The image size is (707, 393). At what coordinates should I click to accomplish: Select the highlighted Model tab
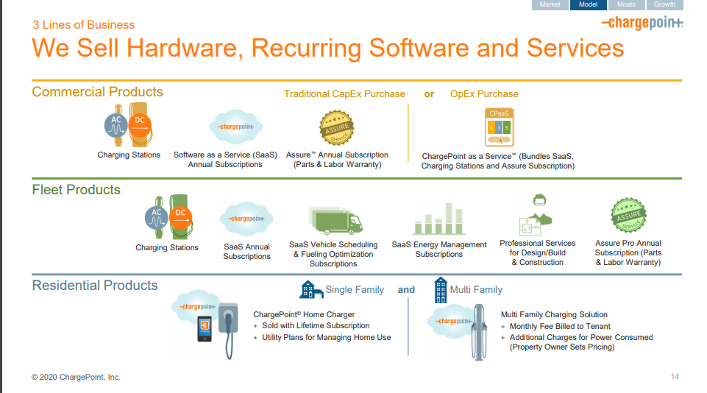coord(588,4)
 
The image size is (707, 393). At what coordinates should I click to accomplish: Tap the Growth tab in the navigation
coord(664,4)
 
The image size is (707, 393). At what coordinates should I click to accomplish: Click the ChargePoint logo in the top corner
coord(642,24)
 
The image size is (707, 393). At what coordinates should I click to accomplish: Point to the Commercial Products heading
coord(97,92)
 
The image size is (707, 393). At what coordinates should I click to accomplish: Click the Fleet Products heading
coord(76,190)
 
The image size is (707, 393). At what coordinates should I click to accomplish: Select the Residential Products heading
coord(95,286)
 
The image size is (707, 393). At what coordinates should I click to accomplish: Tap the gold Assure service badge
coord(337,130)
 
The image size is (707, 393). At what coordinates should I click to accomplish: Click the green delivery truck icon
coord(335,221)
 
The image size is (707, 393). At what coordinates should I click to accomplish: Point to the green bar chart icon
coord(439,219)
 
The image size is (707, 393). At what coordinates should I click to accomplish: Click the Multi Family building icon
coord(441,289)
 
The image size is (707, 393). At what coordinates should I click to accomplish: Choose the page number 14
coord(675,377)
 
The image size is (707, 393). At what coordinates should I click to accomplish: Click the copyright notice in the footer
coord(76,377)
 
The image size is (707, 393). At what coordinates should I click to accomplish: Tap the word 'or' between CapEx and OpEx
coord(429,94)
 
